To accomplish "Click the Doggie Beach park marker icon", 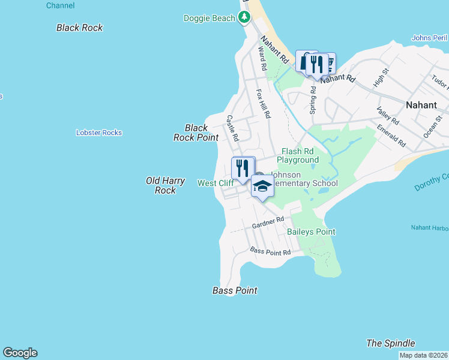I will point(244,17).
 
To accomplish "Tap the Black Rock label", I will point(79,28).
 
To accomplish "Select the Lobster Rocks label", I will point(99,133).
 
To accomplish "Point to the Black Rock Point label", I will point(196,133).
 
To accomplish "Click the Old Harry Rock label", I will point(161,185).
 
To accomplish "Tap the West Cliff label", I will point(215,182).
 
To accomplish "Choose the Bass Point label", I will point(235,290).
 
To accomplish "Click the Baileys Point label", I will point(311,232).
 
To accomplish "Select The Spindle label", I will point(390,343).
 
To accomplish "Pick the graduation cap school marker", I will point(262,187).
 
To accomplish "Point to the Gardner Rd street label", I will point(268,223).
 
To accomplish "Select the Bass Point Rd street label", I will point(270,251).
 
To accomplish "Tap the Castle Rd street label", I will point(232,128).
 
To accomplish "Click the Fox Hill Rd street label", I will point(264,103).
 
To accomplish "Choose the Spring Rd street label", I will point(312,99).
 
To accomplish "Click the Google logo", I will point(20,353).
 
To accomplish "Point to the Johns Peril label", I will point(429,38).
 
